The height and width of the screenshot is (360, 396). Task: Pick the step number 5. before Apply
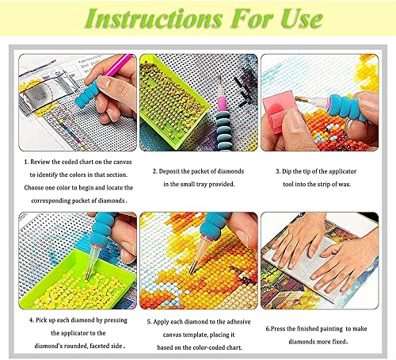(x=149, y=320)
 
